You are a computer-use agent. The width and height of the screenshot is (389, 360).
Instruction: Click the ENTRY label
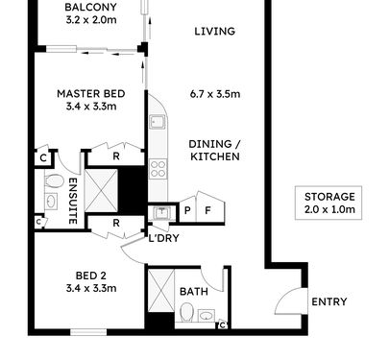tap(329, 301)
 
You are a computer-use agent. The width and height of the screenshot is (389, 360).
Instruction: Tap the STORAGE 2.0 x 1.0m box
tap(328, 203)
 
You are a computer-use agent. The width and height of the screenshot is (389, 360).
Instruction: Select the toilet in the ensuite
tap(55, 180)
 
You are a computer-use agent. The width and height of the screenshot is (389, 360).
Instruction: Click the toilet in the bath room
tap(186, 313)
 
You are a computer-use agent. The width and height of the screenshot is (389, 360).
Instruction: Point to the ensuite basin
tap(51, 202)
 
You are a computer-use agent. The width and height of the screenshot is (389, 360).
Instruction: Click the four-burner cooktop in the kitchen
tap(158, 169)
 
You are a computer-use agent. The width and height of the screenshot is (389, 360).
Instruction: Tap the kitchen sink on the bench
tap(158, 122)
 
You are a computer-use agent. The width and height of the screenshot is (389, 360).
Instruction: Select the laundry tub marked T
tap(162, 212)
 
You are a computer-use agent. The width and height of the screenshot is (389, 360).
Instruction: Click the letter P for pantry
tap(187, 210)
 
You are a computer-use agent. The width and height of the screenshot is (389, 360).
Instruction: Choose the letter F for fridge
tap(207, 210)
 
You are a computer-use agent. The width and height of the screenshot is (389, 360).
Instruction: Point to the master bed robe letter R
tap(116, 156)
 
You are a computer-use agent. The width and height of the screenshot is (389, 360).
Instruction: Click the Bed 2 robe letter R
tap(116, 223)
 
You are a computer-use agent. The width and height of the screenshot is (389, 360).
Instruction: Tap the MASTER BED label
tap(91, 94)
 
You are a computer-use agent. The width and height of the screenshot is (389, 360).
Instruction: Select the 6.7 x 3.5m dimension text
tap(215, 94)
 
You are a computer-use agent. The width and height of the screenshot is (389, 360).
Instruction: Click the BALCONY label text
tap(91, 7)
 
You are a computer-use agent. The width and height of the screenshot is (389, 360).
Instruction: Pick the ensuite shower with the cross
tap(101, 190)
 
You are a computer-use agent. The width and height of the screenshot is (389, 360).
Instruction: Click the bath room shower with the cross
tap(161, 290)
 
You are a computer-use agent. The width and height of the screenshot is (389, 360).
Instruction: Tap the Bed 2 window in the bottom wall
tap(88, 332)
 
